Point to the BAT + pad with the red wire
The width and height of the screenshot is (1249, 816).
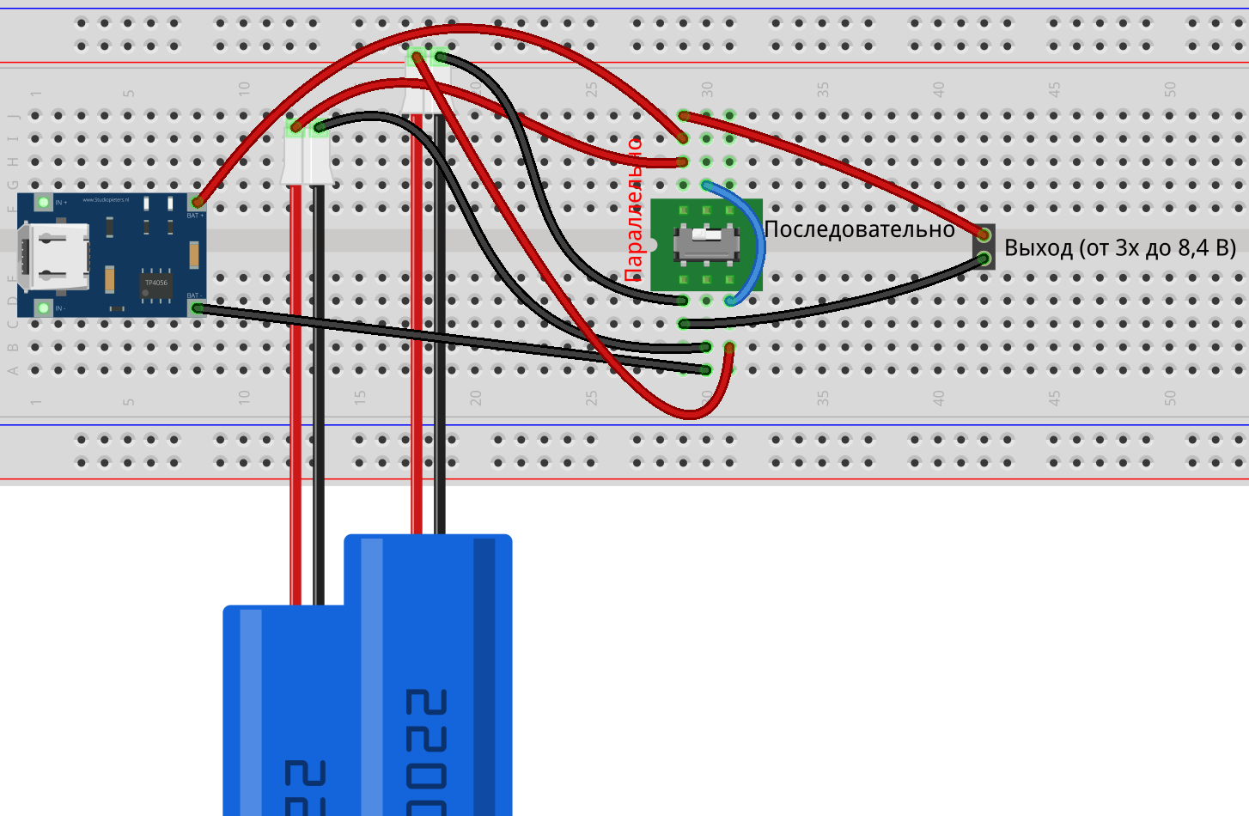[197, 203]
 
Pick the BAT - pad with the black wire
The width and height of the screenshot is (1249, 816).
[197, 308]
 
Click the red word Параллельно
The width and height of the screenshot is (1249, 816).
[634, 210]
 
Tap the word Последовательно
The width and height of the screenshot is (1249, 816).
[859, 229]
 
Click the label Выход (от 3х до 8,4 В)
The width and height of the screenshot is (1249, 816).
[1120, 248]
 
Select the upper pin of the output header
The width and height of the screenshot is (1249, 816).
[984, 234]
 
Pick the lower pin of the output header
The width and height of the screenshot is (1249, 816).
[984, 258]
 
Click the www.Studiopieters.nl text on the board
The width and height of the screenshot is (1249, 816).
[106, 200]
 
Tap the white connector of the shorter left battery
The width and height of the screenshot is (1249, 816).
[307, 159]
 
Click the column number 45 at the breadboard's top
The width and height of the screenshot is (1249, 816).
[1054, 89]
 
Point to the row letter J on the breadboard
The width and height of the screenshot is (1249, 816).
[13, 115]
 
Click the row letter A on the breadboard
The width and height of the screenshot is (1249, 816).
[13, 371]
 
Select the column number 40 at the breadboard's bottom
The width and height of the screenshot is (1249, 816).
[938, 398]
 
